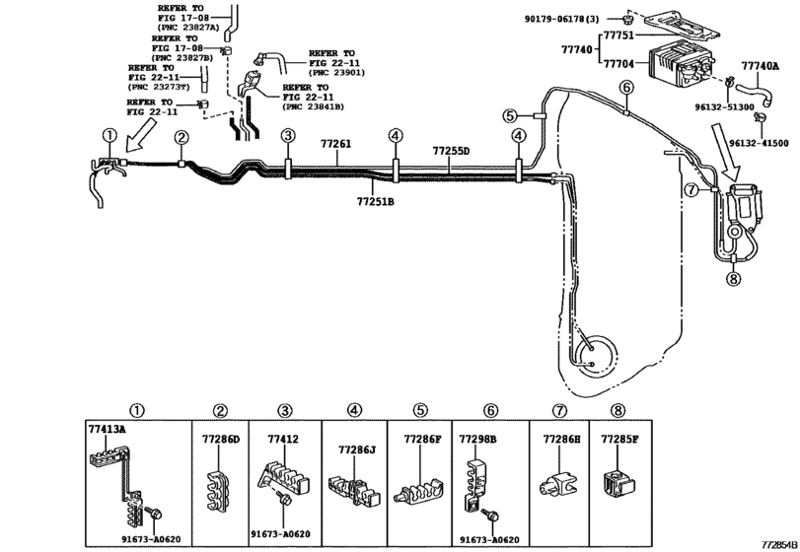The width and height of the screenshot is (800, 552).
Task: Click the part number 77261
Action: click(x=334, y=144)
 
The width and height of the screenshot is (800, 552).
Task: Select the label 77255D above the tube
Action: click(x=451, y=151)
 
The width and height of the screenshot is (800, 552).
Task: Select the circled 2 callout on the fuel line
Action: click(x=182, y=139)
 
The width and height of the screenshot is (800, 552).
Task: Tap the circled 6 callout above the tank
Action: click(x=624, y=88)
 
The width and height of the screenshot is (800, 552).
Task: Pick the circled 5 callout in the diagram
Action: click(x=509, y=115)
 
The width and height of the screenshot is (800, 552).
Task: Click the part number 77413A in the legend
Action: click(x=108, y=431)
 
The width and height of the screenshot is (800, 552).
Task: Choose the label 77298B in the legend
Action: click(x=478, y=437)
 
